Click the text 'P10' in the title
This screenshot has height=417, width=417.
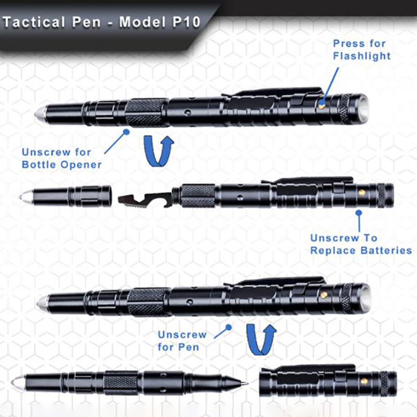[187, 22]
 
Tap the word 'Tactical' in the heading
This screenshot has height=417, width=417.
[33, 22]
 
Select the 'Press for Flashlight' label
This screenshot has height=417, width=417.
[362, 50]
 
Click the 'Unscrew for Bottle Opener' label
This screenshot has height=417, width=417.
[62, 158]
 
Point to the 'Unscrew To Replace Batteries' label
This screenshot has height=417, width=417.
[361, 244]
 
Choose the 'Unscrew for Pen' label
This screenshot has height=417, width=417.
[182, 341]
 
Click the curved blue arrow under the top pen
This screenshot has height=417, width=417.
[158, 151]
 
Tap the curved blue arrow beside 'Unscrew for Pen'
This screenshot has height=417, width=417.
[261, 339]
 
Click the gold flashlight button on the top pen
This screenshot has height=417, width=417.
[322, 105]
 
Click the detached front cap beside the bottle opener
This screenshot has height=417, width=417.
[65, 197]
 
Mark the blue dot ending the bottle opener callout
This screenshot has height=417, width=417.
[127, 131]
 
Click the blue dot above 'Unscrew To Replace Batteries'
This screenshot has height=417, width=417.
[359, 213]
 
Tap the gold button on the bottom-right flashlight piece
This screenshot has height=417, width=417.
[364, 382]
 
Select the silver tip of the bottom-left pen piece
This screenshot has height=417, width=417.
[17, 383]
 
